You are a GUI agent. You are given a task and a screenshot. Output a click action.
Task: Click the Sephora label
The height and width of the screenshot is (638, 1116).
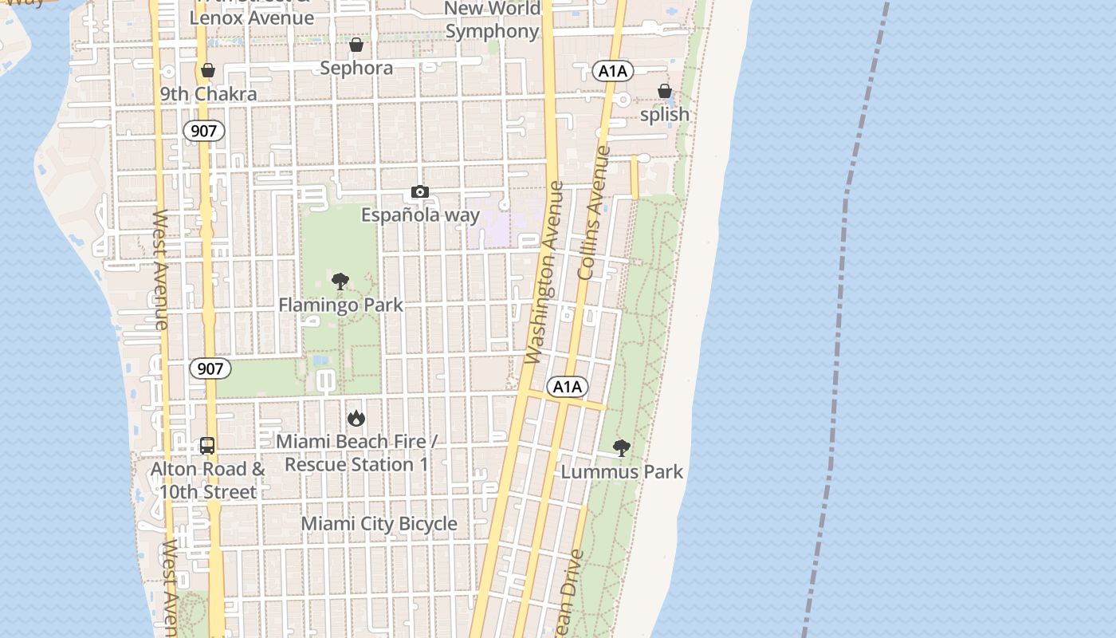[356, 68]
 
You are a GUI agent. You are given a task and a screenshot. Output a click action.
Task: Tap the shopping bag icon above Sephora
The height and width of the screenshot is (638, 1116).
[356, 44]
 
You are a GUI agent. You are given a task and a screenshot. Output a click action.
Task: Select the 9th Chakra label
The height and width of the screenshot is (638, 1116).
[208, 94]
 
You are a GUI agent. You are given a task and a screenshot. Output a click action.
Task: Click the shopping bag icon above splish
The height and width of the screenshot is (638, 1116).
[665, 91]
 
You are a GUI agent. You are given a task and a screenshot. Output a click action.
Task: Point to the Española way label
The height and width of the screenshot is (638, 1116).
[420, 215]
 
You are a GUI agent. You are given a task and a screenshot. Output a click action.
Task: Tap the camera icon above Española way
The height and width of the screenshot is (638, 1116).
[420, 191]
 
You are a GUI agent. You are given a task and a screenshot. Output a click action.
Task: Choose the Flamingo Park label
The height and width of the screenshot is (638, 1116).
[340, 305]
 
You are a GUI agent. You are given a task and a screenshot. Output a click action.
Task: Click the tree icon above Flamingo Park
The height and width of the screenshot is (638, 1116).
[340, 281]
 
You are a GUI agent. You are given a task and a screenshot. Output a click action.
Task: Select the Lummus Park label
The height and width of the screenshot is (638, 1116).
[622, 471]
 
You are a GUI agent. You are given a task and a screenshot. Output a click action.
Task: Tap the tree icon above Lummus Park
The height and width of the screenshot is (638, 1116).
[622, 448]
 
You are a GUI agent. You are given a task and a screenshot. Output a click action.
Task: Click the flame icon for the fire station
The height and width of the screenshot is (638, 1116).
[356, 418]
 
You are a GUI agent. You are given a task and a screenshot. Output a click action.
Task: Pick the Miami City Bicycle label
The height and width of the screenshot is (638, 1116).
[379, 524]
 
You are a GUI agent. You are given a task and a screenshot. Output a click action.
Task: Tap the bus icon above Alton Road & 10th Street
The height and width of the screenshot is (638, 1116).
[207, 446]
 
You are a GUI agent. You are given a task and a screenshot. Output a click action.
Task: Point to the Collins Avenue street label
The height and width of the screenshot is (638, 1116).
[595, 212]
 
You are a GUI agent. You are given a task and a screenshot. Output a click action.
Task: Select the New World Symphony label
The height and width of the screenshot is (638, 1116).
[493, 20]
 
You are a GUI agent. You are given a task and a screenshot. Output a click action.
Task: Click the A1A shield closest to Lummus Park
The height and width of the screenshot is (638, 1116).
[568, 387]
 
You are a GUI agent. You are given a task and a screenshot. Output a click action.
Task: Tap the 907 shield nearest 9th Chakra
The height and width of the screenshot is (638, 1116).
[204, 131]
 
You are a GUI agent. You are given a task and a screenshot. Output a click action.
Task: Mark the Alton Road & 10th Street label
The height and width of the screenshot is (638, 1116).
[208, 480]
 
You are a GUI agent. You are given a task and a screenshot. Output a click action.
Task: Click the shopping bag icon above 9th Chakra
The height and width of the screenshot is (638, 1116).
[208, 70]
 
